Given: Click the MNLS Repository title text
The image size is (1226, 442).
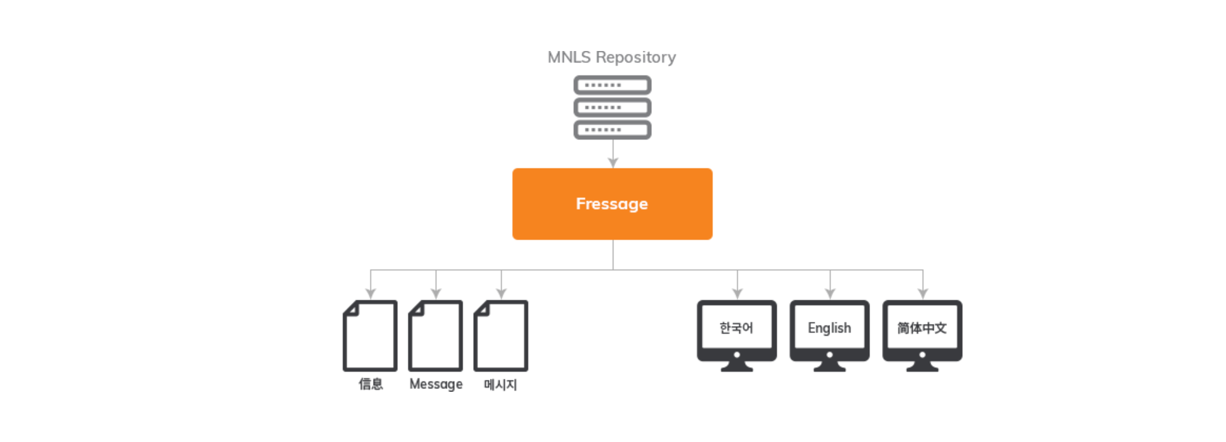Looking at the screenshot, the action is (x=612, y=57).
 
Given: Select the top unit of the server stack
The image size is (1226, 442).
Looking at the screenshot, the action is (x=612, y=85).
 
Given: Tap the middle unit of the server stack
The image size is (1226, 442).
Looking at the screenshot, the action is (x=612, y=107).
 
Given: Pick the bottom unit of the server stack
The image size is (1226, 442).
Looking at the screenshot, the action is (x=612, y=129).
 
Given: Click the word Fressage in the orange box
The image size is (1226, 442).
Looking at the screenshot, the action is (x=612, y=204).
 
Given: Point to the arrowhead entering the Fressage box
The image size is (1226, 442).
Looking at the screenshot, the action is (x=613, y=163).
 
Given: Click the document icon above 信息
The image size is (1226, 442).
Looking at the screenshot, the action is (x=370, y=335).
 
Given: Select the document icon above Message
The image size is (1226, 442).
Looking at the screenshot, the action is (x=436, y=335).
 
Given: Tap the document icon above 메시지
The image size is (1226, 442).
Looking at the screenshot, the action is (x=501, y=335).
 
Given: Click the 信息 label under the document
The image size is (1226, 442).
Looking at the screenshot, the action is (x=371, y=384).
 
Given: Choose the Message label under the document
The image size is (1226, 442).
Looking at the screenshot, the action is (x=436, y=384).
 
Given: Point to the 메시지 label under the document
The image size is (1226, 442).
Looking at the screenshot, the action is (x=500, y=384).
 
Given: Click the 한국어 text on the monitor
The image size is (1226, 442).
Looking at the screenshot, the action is (x=736, y=328).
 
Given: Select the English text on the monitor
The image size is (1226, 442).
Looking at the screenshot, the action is (x=829, y=328).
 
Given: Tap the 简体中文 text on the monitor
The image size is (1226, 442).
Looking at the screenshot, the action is (x=922, y=328).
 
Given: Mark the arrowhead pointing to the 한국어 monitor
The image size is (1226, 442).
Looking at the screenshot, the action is (x=737, y=294).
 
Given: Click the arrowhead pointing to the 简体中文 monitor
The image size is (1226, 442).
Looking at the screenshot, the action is (x=923, y=294).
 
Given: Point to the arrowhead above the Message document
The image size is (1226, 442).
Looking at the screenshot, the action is (x=436, y=294).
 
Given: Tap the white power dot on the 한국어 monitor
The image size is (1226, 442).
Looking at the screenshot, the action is (x=737, y=354).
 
